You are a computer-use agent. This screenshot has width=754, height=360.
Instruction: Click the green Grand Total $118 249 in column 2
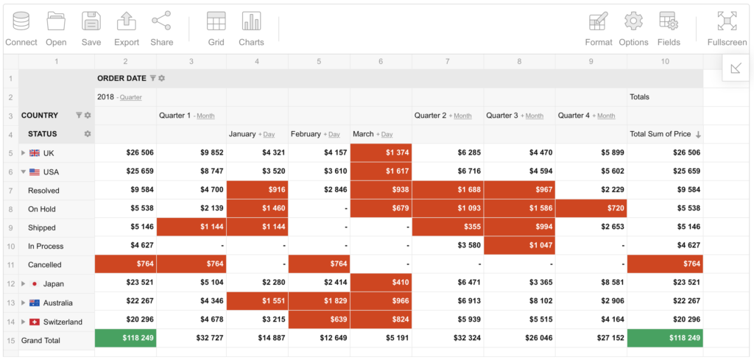(x=126, y=340)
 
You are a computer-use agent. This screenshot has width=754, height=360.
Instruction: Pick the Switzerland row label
(x=63, y=322)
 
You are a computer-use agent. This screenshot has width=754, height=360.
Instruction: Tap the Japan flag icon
(x=34, y=283)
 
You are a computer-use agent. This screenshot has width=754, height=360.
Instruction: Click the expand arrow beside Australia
(x=24, y=303)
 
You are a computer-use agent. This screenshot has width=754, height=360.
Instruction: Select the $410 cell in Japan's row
(x=381, y=283)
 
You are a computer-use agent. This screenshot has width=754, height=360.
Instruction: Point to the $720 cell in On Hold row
(x=591, y=209)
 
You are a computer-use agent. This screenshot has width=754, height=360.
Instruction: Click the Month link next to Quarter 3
(x=535, y=116)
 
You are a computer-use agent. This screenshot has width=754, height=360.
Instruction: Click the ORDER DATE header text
(x=121, y=78)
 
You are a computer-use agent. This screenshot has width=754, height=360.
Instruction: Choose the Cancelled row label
(x=45, y=265)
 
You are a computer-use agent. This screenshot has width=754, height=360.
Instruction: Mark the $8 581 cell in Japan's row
(x=591, y=283)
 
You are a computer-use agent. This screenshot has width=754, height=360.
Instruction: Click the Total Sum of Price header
(x=660, y=134)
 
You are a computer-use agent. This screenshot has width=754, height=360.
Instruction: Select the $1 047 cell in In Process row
(x=519, y=246)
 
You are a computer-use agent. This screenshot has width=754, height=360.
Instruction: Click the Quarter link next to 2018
(x=131, y=97)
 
